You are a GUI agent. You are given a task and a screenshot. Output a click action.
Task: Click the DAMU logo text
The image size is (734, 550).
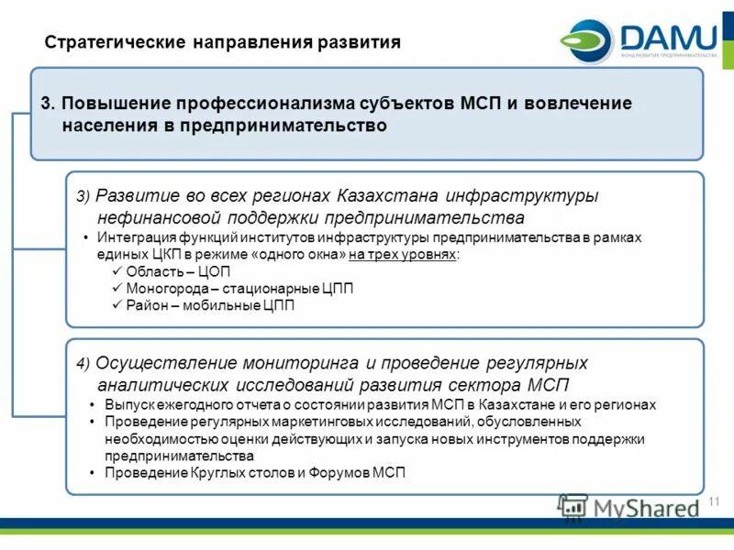(x=668, y=38)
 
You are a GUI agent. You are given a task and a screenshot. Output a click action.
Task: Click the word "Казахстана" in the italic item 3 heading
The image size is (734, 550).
(x=387, y=196)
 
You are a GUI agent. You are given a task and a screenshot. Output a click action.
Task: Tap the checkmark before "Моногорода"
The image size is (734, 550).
(x=117, y=289)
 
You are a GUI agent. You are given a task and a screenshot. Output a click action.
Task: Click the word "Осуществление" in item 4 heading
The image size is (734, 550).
(x=156, y=362)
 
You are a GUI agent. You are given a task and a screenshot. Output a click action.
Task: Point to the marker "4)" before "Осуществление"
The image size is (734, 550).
(x=83, y=363)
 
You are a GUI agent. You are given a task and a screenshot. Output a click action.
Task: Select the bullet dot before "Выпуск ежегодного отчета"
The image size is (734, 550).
(x=95, y=404)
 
